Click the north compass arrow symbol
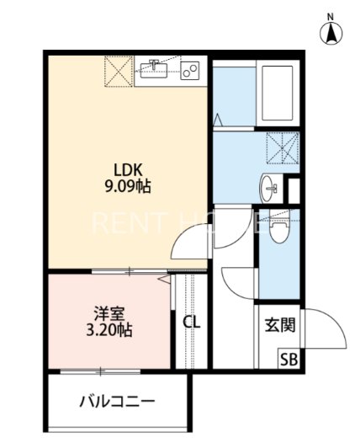[x=332, y=33]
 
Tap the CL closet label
[x=191, y=323]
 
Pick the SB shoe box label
[x=289, y=359]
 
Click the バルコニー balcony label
[x=117, y=401]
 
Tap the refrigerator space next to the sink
[x=119, y=70]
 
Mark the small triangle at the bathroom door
[x=218, y=120]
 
